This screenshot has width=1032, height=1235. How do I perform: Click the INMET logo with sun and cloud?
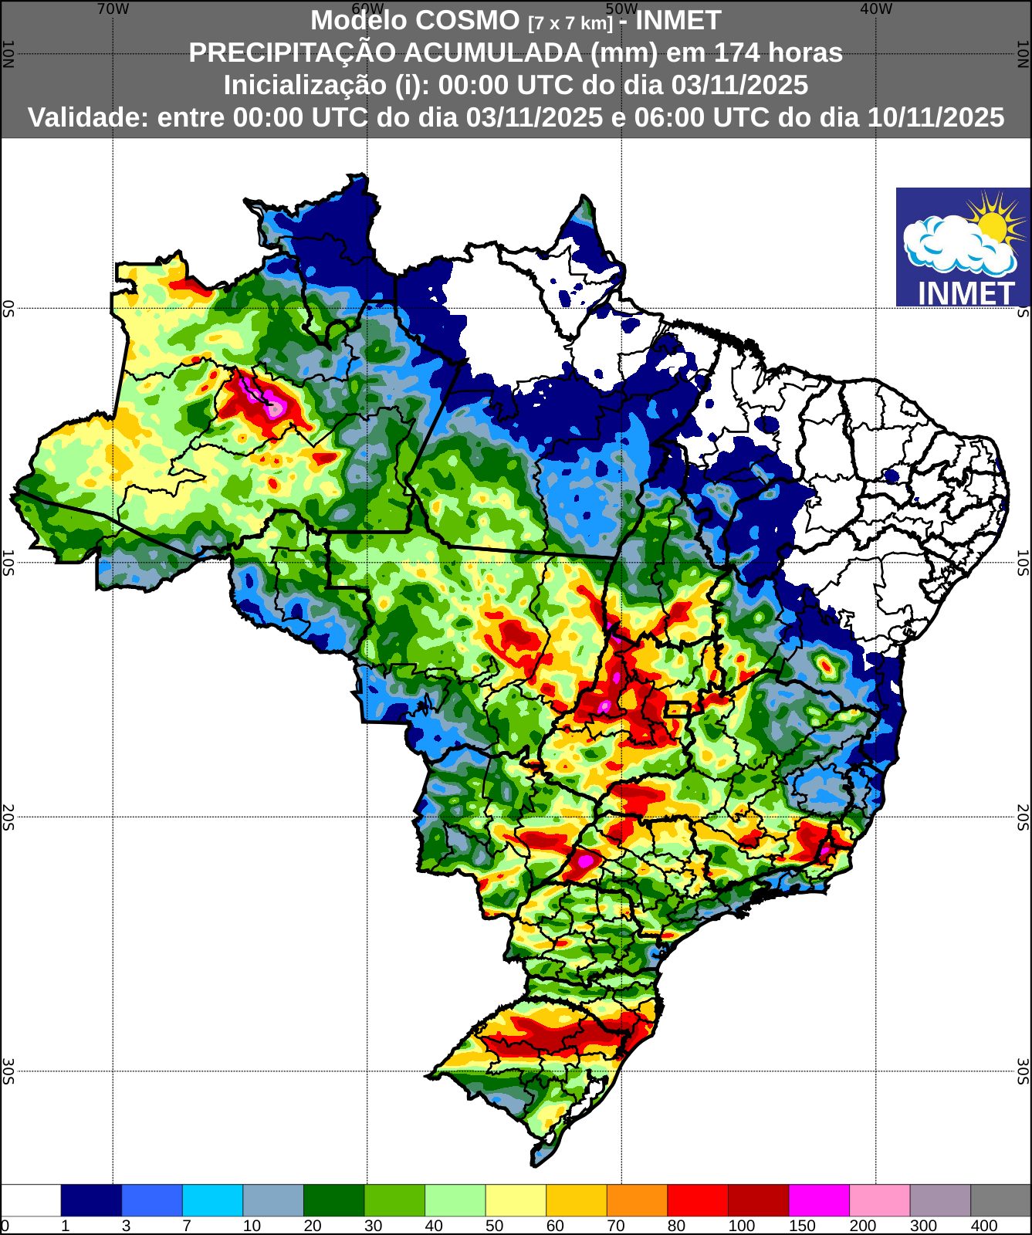[963, 247]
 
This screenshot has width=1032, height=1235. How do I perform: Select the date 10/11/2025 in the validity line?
[936, 117]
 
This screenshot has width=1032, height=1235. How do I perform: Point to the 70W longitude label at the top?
[113, 9]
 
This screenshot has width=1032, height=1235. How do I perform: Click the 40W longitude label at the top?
[876, 9]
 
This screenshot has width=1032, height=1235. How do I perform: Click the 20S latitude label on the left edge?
[8, 817]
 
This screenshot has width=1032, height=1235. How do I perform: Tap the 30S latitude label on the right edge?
[1023, 1071]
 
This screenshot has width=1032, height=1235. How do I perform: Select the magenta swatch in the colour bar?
[819, 1200]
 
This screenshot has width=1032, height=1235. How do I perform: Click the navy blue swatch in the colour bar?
[91, 1200]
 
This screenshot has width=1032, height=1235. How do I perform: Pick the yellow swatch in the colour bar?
[516, 1200]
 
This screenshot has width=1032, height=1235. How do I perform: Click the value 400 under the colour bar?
[984, 1226]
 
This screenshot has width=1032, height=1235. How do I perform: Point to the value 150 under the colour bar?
[802, 1226]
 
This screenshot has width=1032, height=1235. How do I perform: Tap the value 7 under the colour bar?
[187, 1226]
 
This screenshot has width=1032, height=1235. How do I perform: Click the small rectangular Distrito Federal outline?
[677, 709]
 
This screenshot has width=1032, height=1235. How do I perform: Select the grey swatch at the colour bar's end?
[1000, 1200]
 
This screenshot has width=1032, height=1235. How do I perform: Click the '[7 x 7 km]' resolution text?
[570, 23]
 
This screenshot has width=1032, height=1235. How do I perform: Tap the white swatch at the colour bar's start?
[31, 1200]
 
